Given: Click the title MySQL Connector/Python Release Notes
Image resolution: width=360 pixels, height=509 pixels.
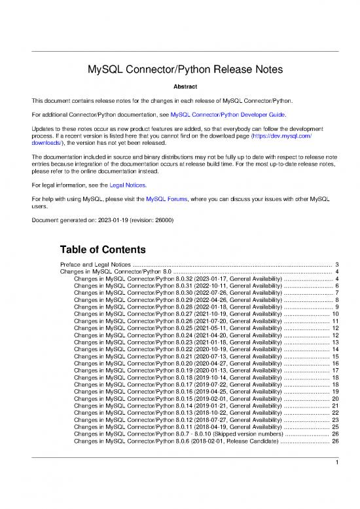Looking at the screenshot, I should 179,69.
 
